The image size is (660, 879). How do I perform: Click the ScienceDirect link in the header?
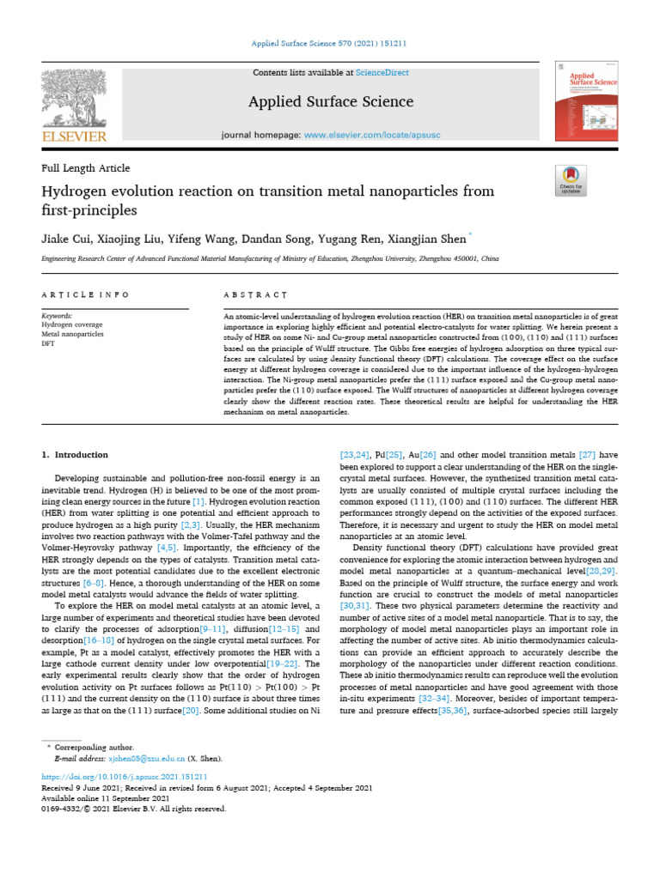tap(386, 74)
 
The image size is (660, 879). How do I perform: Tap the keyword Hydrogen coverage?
tap(72, 325)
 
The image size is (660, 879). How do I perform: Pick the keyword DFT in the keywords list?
tap(48, 343)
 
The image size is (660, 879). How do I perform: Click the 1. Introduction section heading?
tap(76, 455)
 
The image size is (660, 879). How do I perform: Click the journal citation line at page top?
tap(330, 43)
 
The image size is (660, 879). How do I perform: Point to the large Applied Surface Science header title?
tap(330, 102)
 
